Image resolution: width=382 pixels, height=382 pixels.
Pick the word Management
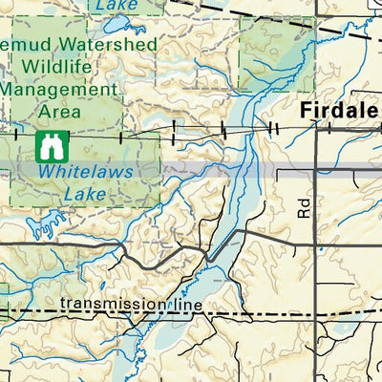pos(57,89)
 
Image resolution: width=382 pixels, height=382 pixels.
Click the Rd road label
pos(304,208)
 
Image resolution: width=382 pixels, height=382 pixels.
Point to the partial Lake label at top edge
pos(112,4)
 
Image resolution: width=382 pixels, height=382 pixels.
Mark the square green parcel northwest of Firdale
pos(277,54)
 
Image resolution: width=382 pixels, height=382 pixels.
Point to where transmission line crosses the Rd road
pos(317,312)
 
